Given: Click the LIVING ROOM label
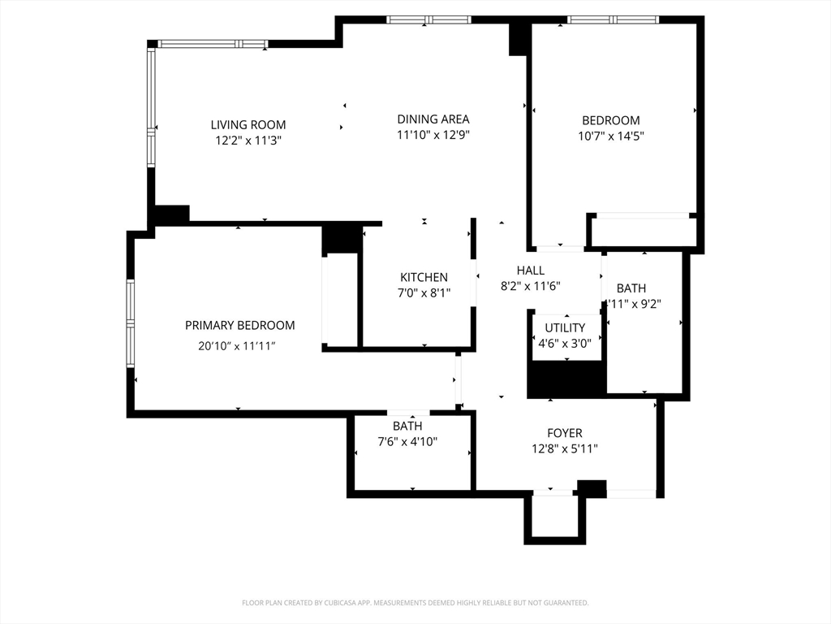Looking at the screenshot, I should (248, 124).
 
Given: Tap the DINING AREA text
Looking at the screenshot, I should (433, 119).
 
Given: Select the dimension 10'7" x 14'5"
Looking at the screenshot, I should (611, 136).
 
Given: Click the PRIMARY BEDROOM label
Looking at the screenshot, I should (239, 325).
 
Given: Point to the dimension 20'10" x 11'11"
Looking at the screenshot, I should (237, 346).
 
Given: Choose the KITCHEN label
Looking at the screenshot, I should (424, 277).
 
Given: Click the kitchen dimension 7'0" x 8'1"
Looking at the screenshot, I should (424, 292).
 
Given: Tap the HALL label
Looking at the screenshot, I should (531, 270).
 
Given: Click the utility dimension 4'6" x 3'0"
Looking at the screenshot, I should (566, 343).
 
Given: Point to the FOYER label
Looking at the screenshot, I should (564, 433).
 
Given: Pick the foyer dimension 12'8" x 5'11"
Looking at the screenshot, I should (565, 448).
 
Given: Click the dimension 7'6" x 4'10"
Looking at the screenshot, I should (407, 441).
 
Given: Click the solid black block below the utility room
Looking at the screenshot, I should (566, 379).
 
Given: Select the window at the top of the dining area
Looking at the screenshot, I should (428, 19).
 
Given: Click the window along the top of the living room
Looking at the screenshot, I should (212, 44).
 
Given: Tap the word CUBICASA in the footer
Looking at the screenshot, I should (332, 603).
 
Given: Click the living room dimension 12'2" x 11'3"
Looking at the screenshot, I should (248, 140).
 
